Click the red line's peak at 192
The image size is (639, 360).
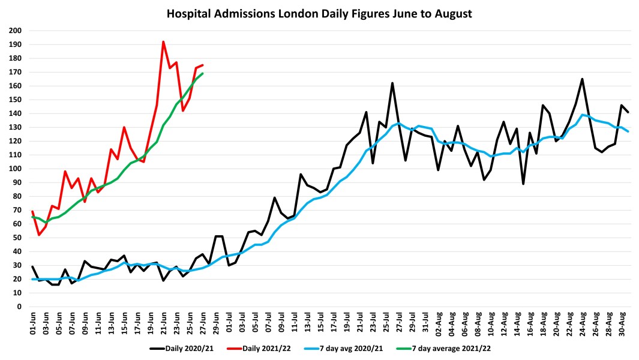(x=163, y=41)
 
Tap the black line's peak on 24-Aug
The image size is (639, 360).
(x=582, y=79)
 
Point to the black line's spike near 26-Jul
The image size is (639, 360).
(x=392, y=83)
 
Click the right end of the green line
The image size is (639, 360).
(x=202, y=73)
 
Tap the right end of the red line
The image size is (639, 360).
(x=202, y=65)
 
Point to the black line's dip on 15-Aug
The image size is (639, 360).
(x=523, y=184)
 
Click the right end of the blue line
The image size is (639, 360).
(x=628, y=131)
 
